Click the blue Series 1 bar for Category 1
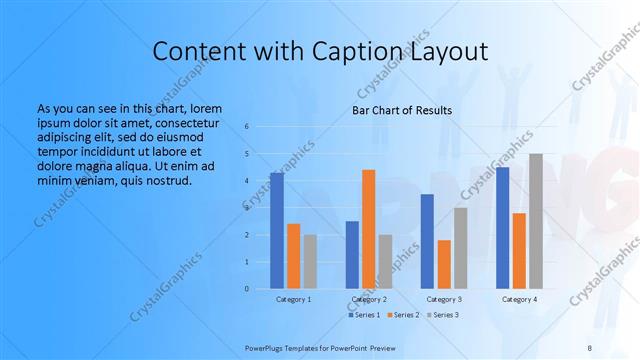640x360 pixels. pyautogui.click(x=277, y=230)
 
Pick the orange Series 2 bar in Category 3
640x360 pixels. pyautogui.click(x=444, y=264)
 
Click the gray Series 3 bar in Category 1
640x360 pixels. pyautogui.click(x=310, y=261)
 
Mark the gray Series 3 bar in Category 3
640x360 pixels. pyautogui.click(x=460, y=247)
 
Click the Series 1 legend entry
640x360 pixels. pyautogui.click(x=362, y=315)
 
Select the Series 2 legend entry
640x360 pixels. pyautogui.click(x=404, y=315)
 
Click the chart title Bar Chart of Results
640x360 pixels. pyautogui.click(x=401, y=110)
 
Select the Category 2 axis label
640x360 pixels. pyautogui.click(x=369, y=299)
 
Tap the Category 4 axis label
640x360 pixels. pyautogui.click(x=519, y=299)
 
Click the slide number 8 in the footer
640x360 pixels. pyautogui.click(x=589, y=347)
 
